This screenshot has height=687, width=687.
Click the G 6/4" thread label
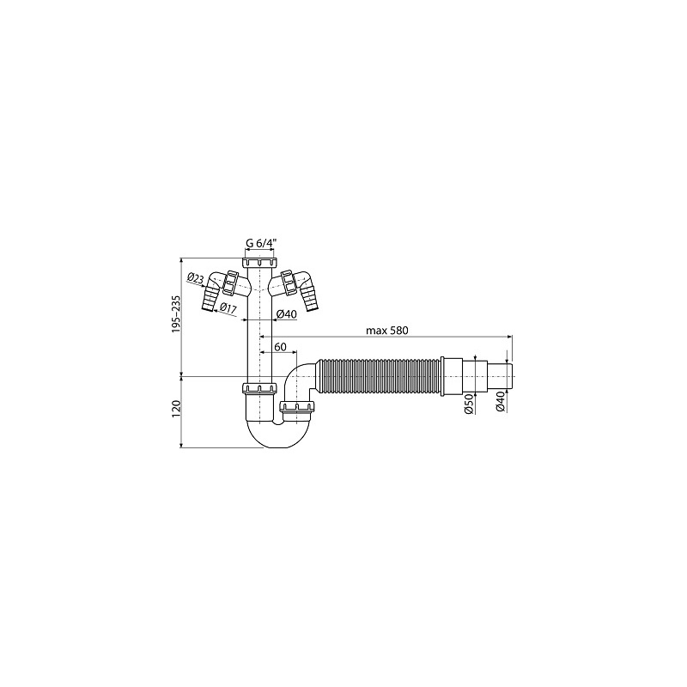pyautogui.click(x=261, y=244)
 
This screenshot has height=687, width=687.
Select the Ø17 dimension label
pyautogui.click(x=228, y=308)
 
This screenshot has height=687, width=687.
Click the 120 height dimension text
pyautogui.click(x=177, y=408)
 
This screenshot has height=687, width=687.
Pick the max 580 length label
pyautogui.click(x=387, y=331)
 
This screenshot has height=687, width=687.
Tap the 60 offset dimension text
pyautogui.click(x=280, y=347)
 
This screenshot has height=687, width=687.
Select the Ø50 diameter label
pyautogui.click(x=468, y=404)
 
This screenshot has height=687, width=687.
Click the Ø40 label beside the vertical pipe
pyautogui.click(x=287, y=313)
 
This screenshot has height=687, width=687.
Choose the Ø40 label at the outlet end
pyautogui.click(x=500, y=402)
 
